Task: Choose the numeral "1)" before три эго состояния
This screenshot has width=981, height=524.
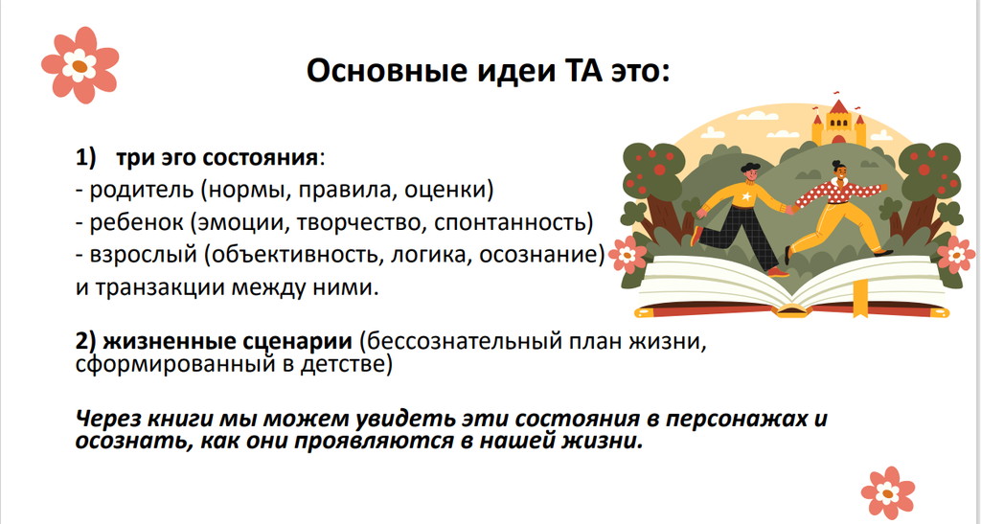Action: coord(85,157)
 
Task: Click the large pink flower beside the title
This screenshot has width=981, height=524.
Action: coord(80,65)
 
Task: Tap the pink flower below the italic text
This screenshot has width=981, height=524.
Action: coord(888,492)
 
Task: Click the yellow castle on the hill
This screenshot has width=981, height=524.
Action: coord(838,123)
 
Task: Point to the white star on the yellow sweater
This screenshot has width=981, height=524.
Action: coord(745,196)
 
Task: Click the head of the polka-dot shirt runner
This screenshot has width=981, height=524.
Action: coord(837,170)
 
